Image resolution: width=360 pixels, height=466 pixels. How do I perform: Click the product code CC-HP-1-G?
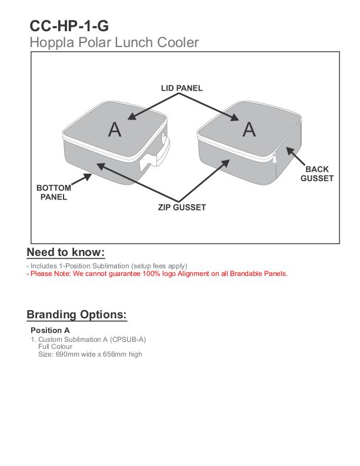(x=69, y=26)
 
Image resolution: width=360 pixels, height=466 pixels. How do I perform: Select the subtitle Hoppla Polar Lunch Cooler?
(x=114, y=42)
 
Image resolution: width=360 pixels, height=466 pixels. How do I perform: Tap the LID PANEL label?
(x=182, y=88)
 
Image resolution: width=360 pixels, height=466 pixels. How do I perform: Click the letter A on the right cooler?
(x=249, y=129)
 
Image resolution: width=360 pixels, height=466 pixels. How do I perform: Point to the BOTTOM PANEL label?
(x=54, y=192)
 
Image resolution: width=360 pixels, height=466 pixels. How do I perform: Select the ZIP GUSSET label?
(x=182, y=207)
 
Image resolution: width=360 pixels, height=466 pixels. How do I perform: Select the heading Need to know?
(x=66, y=252)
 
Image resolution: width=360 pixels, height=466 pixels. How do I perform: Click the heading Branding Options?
(x=76, y=314)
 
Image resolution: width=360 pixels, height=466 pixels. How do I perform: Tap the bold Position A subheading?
(x=50, y=330)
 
